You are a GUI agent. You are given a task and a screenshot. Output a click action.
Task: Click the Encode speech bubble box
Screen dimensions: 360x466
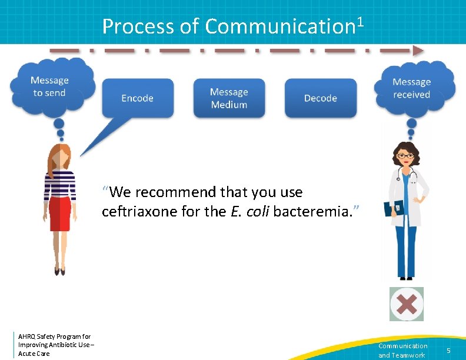(138, 98)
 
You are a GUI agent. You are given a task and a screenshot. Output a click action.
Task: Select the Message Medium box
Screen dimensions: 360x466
(229, 98)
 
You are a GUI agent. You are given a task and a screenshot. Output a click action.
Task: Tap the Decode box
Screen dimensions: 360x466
(321, 98)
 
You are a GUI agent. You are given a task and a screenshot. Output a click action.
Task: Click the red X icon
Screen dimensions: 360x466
(407, 304)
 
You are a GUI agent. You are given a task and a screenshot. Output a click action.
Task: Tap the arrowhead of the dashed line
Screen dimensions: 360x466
(418, 51)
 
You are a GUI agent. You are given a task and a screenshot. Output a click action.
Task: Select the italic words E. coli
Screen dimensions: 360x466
(247, 211)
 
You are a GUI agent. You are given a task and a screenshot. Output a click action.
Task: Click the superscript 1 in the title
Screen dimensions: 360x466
(360, 22)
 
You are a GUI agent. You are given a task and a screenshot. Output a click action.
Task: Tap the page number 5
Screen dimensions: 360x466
(448, 351)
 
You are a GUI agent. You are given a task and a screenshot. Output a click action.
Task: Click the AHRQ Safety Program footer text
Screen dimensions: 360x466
(54, 345)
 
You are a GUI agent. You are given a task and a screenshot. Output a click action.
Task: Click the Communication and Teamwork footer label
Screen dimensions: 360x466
(402, 351)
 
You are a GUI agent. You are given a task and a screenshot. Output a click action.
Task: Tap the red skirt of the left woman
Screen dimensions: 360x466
(59, 214)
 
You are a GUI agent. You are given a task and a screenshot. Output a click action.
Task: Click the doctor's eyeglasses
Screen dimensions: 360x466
(405, 156)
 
